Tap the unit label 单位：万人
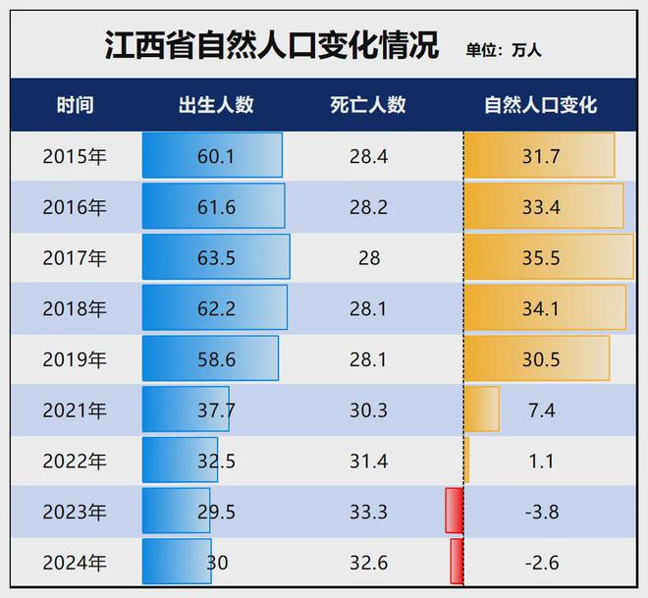point(503,49)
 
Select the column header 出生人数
point(216,105)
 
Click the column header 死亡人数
point(368,105)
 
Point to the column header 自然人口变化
point(540,105)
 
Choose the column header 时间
point(75,105)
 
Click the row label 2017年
point(75,257)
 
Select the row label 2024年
point(75,563)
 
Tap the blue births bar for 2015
point(212,155)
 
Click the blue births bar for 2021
point(186,409)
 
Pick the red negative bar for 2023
point(454,511)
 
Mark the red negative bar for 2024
point(457,562)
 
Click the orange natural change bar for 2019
point(536,358)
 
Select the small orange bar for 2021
point(481,409)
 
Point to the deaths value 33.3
point(368,512)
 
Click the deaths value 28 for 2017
point(368,257)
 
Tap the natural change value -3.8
point(540,512)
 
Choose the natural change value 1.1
point(541,461)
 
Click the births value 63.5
point(216,257)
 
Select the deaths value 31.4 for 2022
point(368,461)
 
